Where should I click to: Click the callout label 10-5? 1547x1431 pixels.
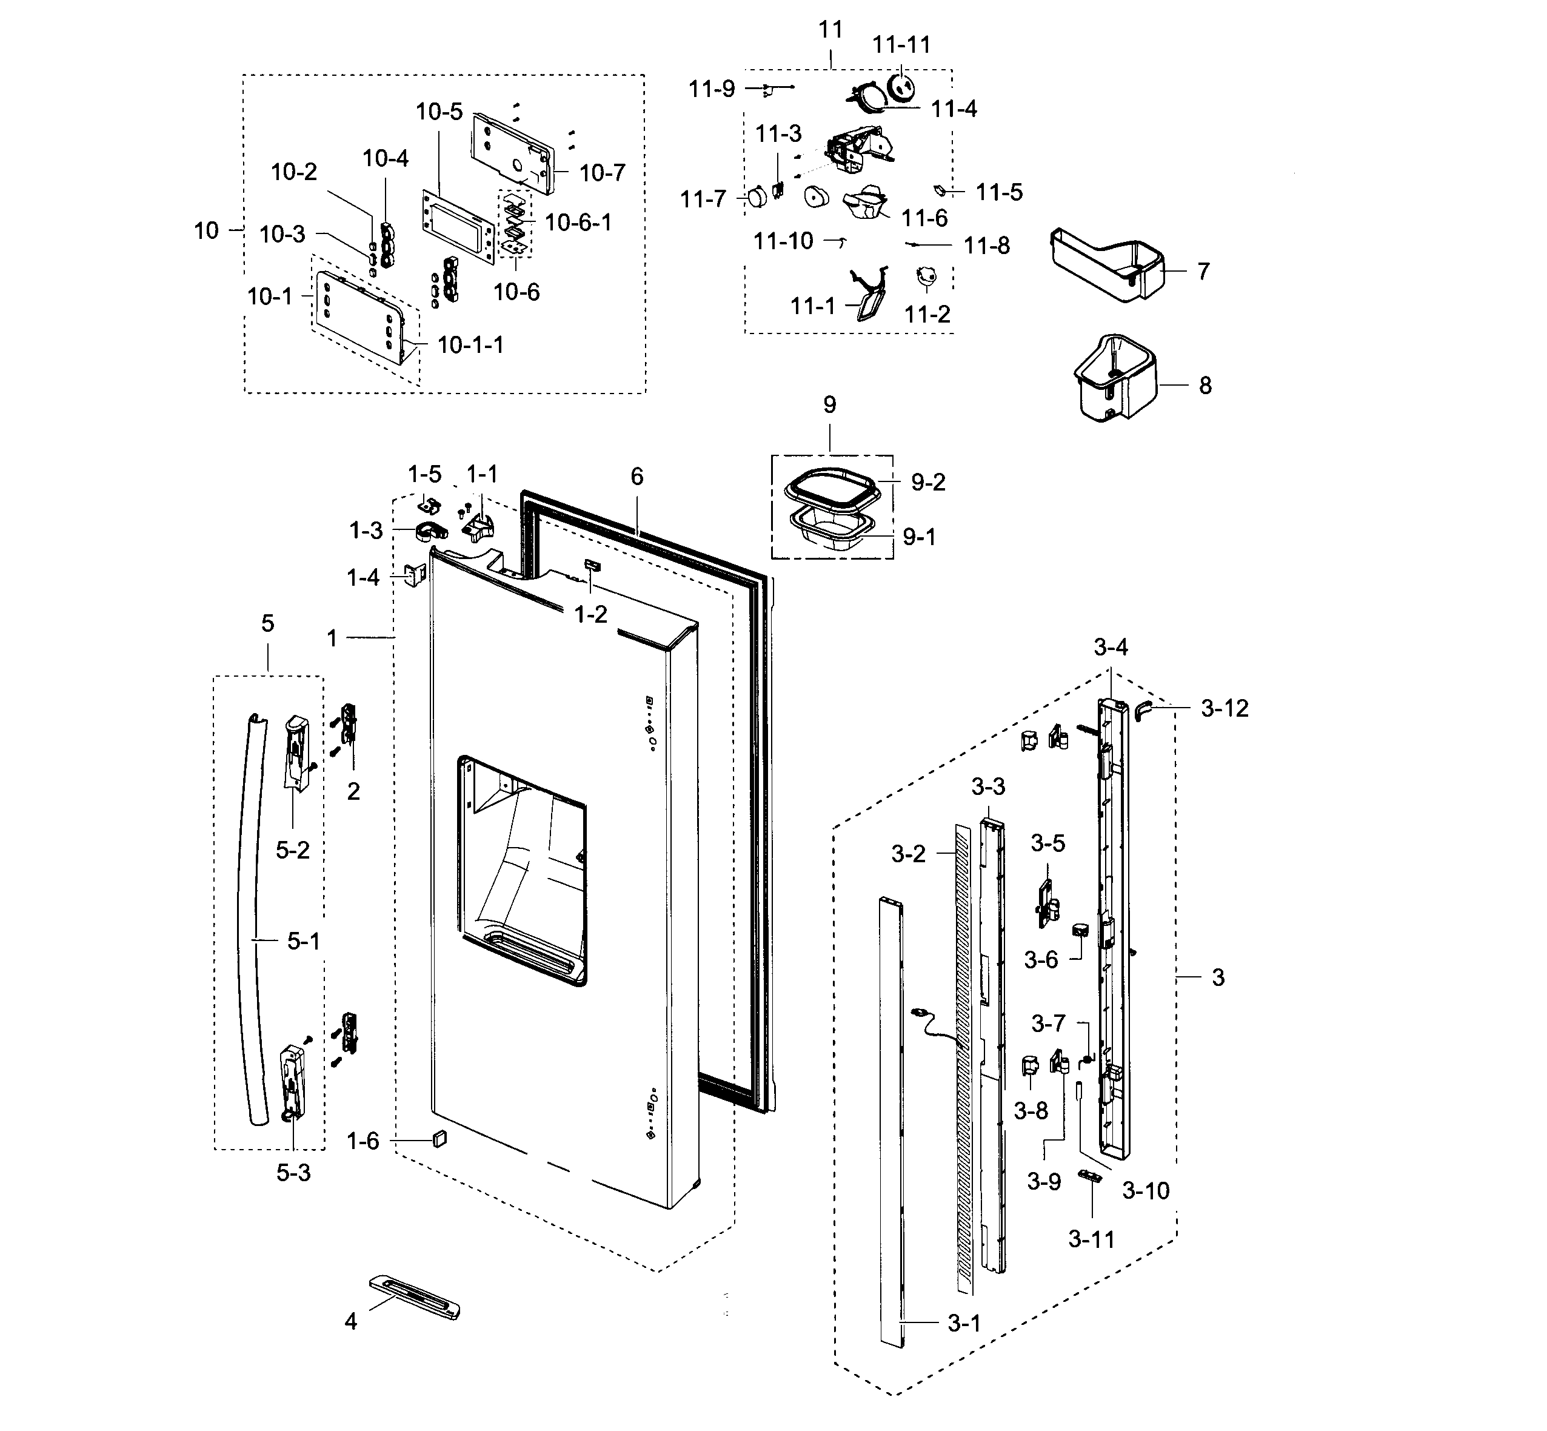pos(439,112)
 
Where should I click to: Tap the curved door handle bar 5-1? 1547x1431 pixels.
pos(252,922)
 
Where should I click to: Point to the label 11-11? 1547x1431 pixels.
pos(901,45)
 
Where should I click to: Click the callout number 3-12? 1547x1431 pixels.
pos(1224,708)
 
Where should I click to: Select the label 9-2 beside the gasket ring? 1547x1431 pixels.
pos(927,483)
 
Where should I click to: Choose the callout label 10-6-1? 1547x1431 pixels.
pos(578,223)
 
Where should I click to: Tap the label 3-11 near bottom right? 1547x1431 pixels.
pos(1091,1240)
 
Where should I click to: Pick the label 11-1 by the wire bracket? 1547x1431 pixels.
pos(812,307)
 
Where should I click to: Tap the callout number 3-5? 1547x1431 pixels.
pos(1047,843)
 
